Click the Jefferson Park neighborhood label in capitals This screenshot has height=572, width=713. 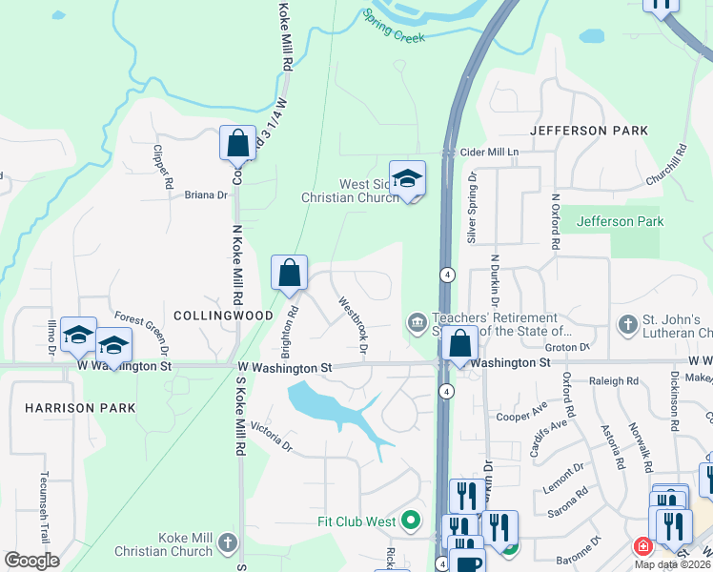coord(589,131)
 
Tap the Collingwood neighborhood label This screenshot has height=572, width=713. coord(212,315)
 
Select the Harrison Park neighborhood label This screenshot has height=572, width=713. coord(80,408)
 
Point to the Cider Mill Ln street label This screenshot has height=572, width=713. coord(489,153)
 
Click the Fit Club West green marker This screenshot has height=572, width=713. coord(411,521)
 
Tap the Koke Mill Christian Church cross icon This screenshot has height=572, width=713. coord(227,543)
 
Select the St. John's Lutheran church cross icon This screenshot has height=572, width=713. coord(627,325)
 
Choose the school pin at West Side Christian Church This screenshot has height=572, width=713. coord(407,178)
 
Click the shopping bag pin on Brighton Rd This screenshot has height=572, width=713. coord(290,273)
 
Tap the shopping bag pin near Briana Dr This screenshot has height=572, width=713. coord(237,143)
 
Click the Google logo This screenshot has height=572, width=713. coord(31,561)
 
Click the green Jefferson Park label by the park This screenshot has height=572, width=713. coord(620,221)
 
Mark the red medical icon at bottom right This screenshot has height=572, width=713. coord(643,547)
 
